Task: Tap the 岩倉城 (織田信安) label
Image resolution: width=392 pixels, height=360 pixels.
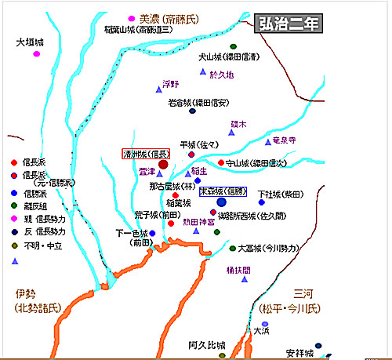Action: point(199,102)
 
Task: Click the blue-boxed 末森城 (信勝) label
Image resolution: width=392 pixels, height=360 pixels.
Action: point(226,191)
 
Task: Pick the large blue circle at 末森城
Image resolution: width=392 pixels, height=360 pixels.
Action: point(221,202)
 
